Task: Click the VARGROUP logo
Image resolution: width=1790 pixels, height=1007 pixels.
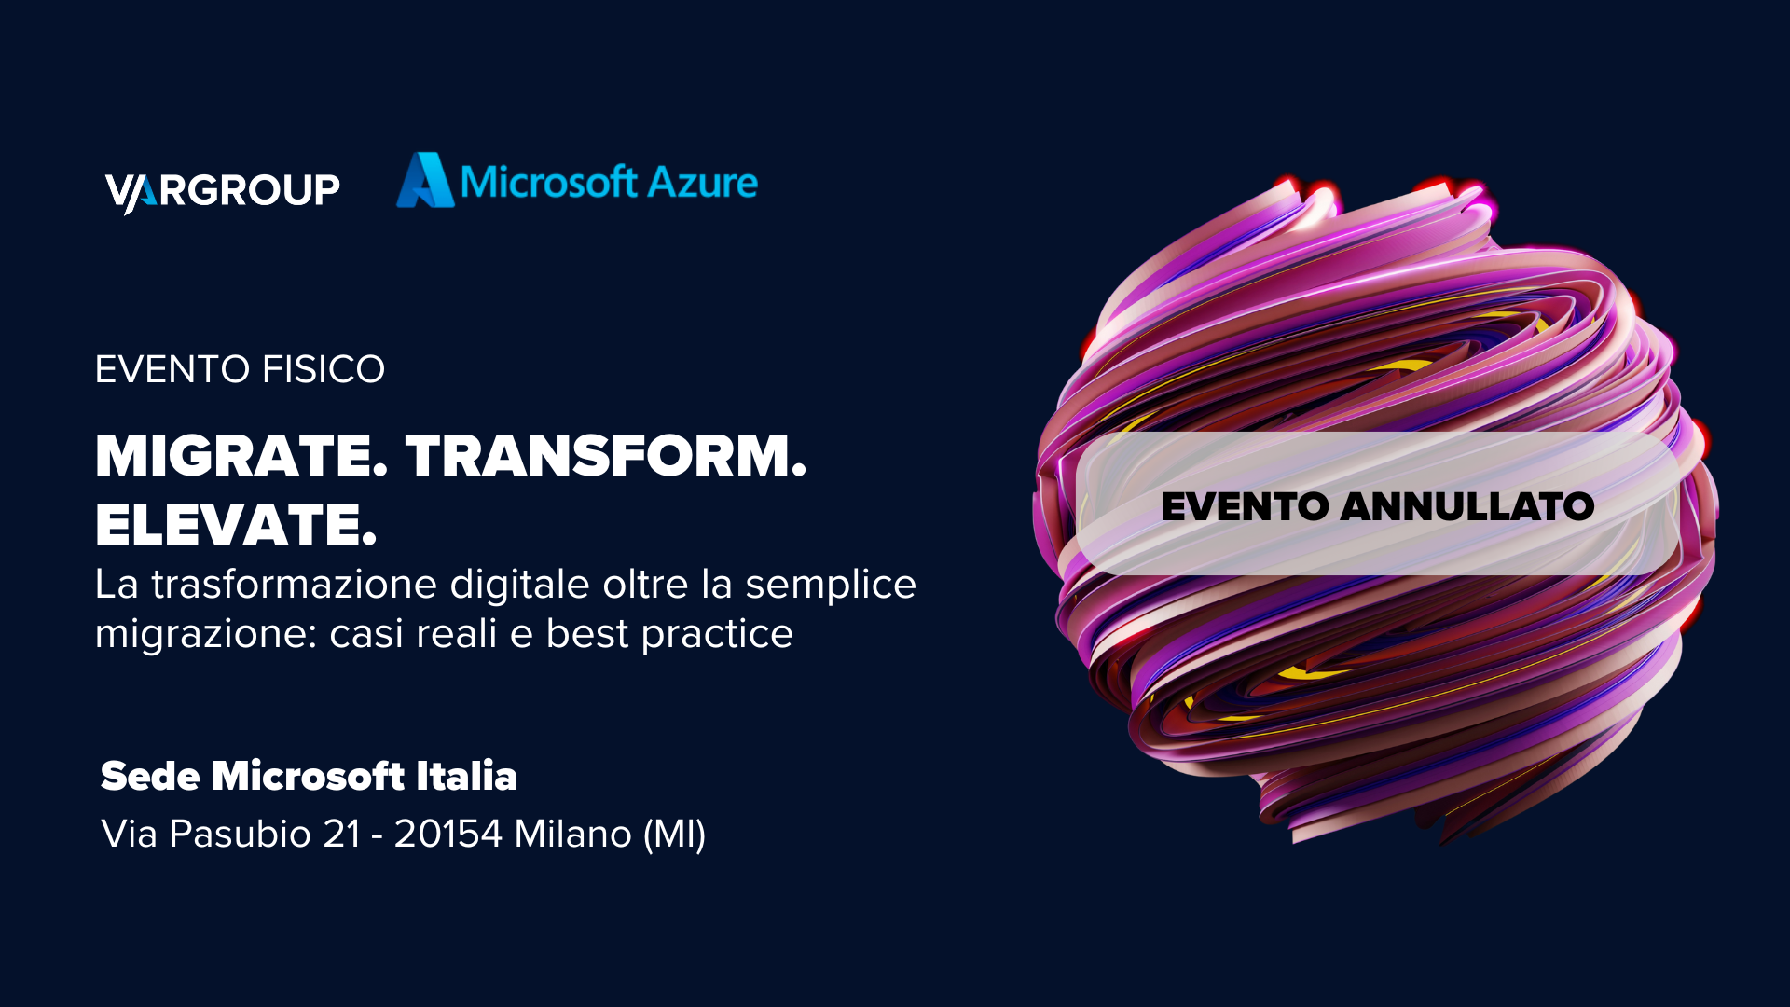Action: pos(223,191)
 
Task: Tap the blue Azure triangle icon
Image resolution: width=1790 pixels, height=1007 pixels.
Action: pos(425,180)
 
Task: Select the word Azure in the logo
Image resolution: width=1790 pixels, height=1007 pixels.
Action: pos(702,183)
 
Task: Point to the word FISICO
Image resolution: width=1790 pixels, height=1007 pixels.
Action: pos(324,369)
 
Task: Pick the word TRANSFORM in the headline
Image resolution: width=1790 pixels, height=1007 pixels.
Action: pos(606,456)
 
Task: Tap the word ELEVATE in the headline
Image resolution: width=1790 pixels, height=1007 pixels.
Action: pos(236,524)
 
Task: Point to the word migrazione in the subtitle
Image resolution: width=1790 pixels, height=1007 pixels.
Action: pos(205,634)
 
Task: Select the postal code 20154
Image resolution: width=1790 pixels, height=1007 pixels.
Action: pos(448,834)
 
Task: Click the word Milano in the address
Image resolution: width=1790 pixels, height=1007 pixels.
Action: pos(572,834)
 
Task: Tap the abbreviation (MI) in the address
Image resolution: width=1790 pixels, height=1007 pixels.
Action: pos(674,835)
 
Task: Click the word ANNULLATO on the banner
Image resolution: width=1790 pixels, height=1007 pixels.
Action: pos(1467,507)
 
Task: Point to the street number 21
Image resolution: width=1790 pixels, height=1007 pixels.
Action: pos(341,834)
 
